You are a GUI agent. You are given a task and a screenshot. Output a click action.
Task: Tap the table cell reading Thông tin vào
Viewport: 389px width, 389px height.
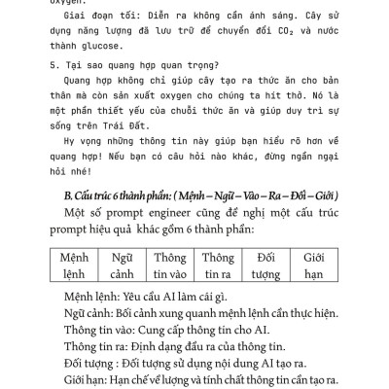[169, 265]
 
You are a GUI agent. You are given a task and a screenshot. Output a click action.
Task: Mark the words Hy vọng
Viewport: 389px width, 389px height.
[83, 160]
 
